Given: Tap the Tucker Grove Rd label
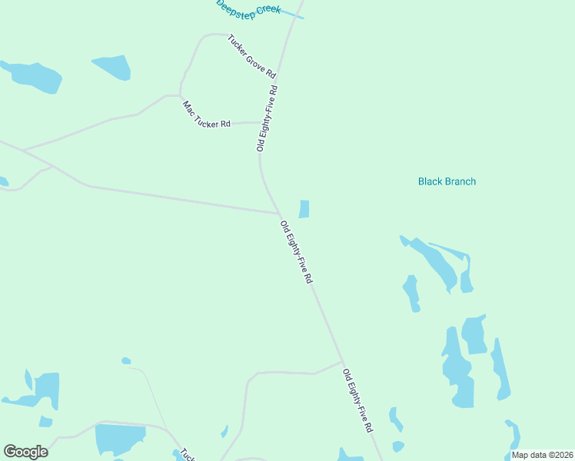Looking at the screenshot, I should [251, 56].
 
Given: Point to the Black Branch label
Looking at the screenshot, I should [447, 182].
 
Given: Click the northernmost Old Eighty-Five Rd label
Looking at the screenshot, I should [267, 118].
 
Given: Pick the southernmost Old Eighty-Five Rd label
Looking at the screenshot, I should [358, 400].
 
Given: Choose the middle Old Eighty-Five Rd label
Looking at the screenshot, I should [296, 253].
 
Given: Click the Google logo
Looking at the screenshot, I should [26, 452].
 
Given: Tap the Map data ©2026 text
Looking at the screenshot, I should [542, 455].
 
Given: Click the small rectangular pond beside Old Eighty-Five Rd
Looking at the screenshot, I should [304, 209].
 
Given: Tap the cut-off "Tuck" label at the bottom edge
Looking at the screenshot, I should [188, 456].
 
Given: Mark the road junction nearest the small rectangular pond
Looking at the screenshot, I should [278, 214].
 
